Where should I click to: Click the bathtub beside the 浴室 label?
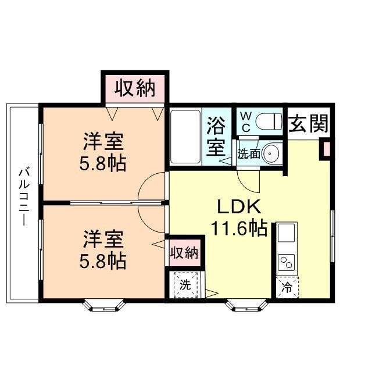(x=185, y=137)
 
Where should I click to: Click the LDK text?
(x=237, y=208)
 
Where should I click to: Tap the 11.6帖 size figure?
(x=239, y=228)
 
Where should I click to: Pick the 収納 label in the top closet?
(x=135, y=88)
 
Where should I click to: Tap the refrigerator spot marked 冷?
(x=287, y=287)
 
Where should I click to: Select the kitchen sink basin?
(x=287, y=234)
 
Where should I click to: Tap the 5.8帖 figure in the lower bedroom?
(x=103, y=260)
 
